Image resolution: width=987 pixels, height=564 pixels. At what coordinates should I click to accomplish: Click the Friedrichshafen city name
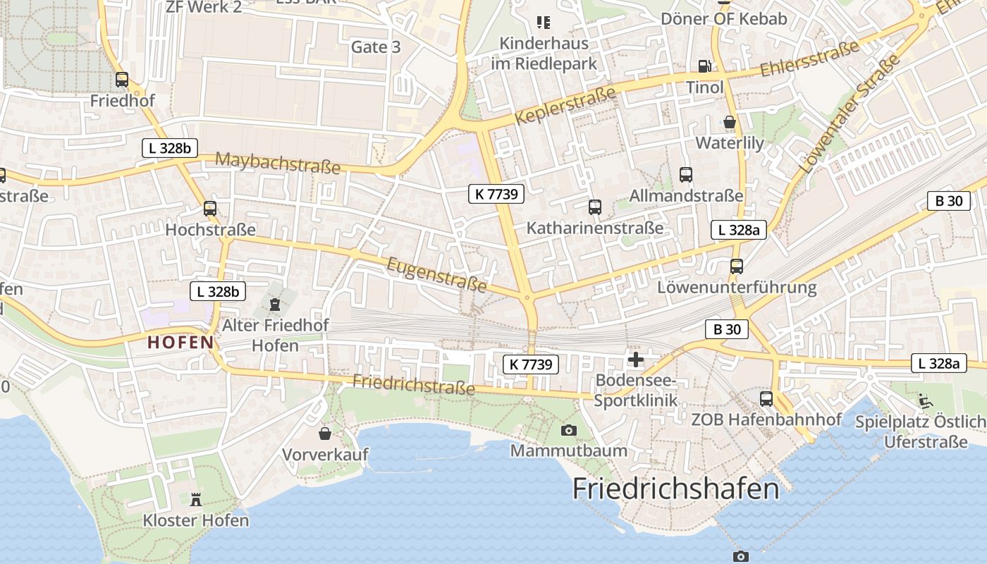pos(675,489)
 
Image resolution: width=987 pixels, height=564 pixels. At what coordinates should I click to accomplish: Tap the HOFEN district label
pos(180,343)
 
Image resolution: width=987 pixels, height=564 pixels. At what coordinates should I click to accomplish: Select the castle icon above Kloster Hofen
pos(196,499)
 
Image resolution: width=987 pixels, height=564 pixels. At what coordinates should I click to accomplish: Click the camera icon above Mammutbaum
pos(568,430)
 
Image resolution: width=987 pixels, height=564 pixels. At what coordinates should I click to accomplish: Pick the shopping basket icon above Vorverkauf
pos(325,433)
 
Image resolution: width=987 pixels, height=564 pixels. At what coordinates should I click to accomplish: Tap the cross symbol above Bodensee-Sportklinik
pos(636,360)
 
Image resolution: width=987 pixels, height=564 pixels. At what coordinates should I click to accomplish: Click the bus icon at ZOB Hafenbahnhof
pos(766,399)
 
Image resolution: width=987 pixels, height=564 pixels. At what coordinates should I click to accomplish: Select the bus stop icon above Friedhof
pos(122,80)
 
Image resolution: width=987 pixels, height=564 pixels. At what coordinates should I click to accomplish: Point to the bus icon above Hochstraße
pos(210,209)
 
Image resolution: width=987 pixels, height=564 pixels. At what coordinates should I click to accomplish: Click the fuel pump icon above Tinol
pos(704,66)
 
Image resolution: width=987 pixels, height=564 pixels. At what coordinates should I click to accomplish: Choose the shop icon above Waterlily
pos(729,122)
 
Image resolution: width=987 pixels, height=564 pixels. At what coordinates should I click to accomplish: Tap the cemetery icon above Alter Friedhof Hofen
pos(275,305)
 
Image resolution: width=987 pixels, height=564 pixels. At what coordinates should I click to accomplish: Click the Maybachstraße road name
pos(278,163)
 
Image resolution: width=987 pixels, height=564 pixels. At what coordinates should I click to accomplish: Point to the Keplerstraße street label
pos(565,106)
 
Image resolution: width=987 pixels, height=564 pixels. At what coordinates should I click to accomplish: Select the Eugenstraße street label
pos(437,275)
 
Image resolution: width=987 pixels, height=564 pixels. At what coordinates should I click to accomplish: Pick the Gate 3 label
pos(376,47)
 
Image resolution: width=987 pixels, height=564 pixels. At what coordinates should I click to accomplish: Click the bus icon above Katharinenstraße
pos(595,207)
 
